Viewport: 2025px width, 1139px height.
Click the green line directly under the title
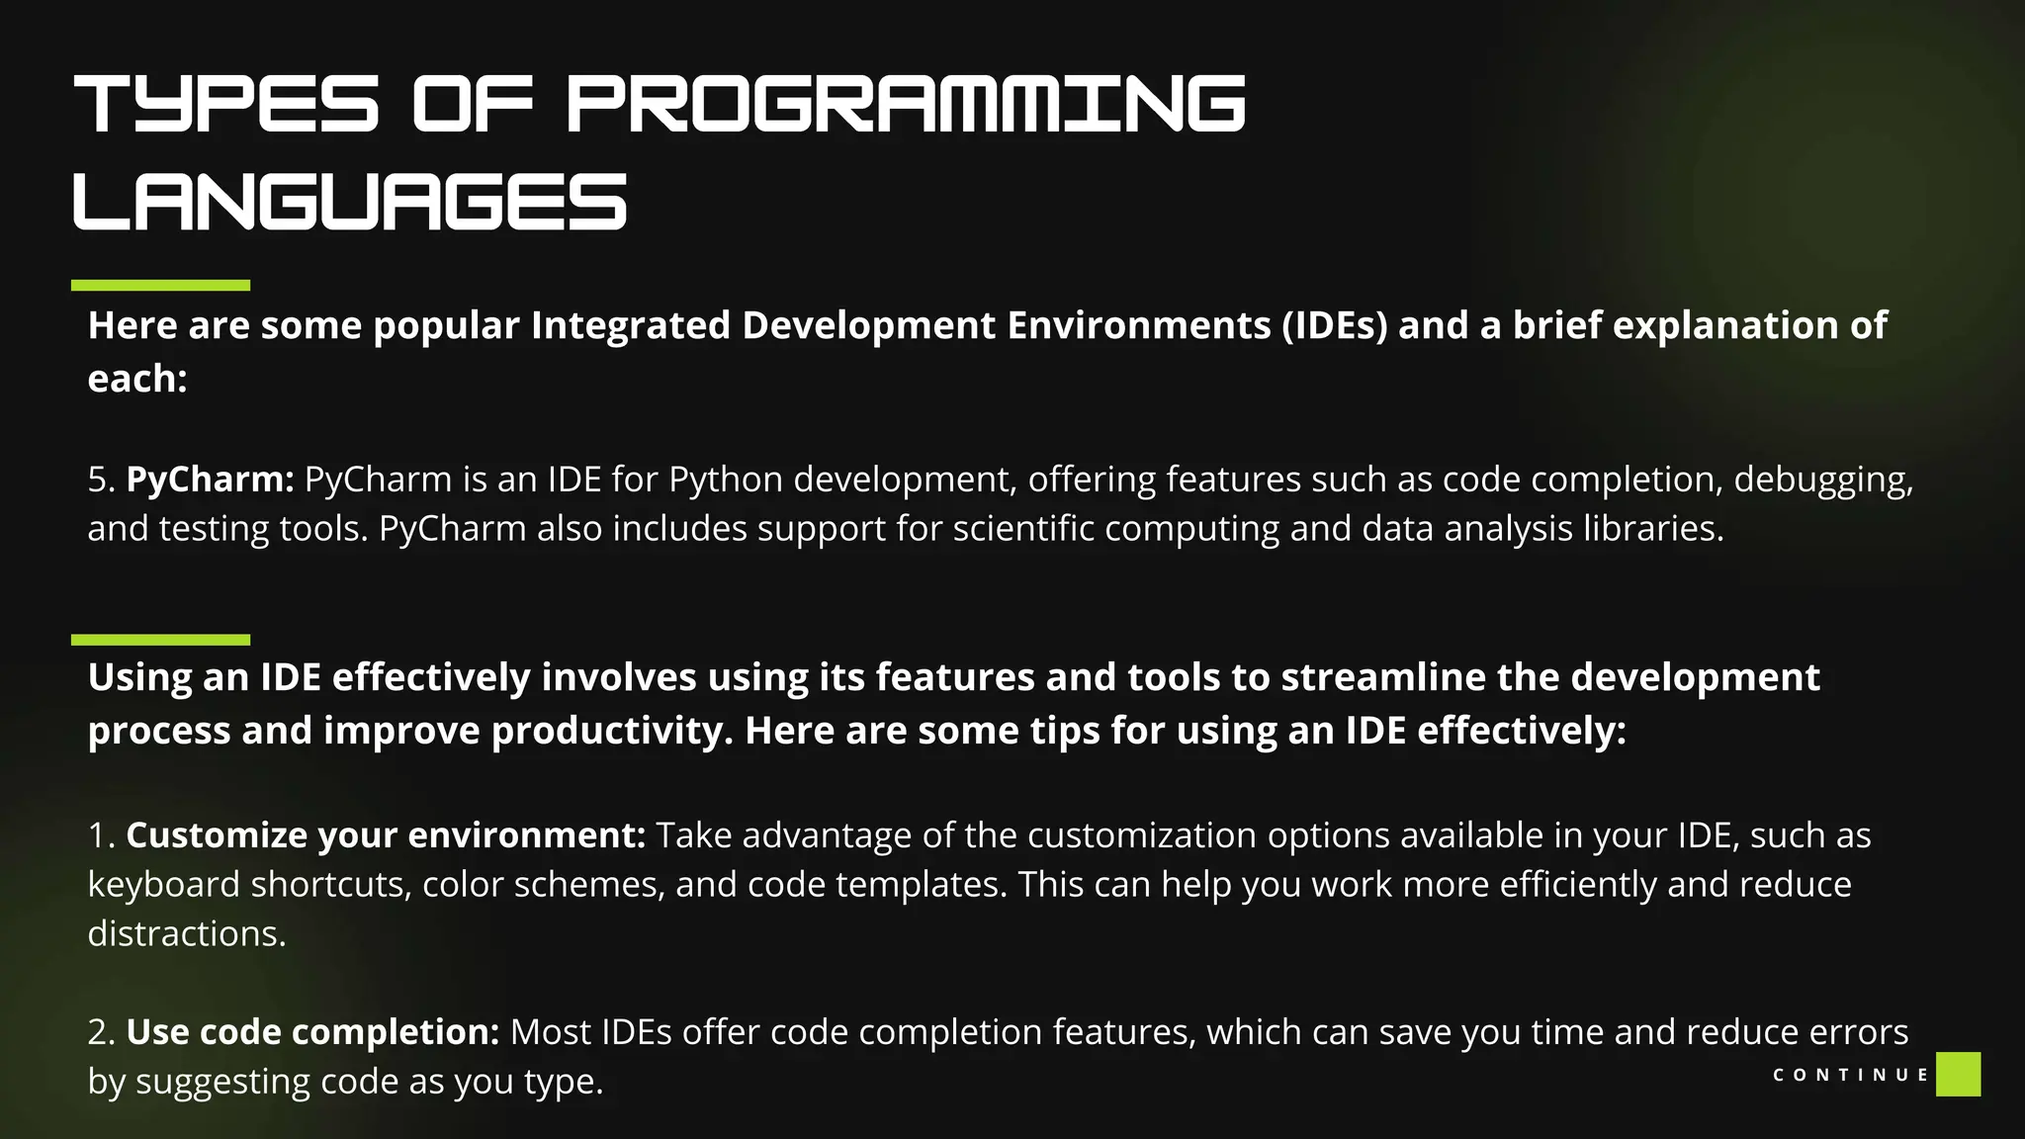point(160,285)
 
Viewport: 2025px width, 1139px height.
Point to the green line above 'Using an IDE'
point(160,640)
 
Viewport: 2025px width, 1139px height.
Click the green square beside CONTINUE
point(1958,1074)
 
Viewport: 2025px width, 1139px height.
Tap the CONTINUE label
point(1850,1075)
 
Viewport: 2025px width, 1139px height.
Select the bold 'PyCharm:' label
point(210,480)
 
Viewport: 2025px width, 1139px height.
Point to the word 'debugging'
point(1822,480)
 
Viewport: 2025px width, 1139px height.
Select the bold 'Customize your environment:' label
point(386,835)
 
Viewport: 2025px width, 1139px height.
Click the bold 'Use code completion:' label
point(312,1032)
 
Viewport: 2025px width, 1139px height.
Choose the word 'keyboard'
point(163,885)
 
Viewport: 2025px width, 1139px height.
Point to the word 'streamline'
point(1383,677)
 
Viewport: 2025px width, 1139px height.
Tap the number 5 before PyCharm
point(97,480)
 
